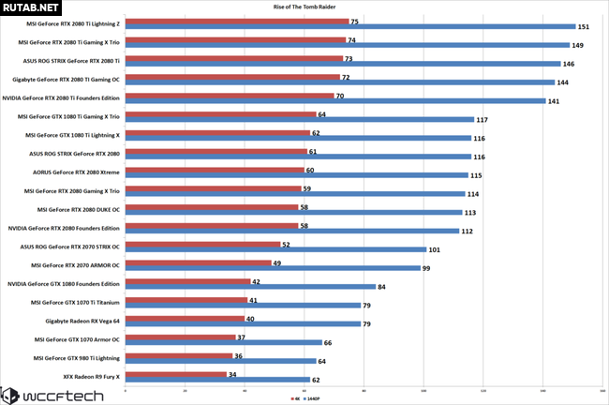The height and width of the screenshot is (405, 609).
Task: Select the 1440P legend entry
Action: (314, 398)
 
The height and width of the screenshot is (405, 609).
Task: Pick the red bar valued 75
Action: (235, 21)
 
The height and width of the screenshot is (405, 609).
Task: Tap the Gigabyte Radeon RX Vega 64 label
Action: (79, 320)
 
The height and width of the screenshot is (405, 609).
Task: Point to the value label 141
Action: (554, 101)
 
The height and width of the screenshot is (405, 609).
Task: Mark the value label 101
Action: (434, 250)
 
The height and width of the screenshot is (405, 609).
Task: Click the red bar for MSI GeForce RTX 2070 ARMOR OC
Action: (197, 262)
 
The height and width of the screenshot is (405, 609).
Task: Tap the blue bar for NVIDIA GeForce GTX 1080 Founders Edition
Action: (248, 287)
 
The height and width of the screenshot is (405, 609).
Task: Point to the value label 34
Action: (231, 372)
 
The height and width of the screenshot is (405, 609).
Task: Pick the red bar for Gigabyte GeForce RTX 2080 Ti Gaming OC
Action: (230, 76)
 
